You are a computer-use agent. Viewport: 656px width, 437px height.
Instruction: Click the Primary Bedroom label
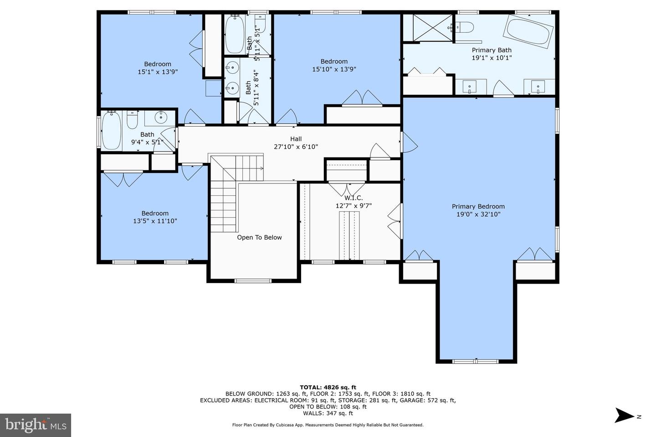[478, 206]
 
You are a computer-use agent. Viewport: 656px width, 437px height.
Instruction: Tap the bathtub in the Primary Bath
[528, 30]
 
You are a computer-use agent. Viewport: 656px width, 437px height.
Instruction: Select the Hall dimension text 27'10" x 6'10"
[296, 147]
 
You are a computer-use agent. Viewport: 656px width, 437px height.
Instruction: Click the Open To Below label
[259, 237]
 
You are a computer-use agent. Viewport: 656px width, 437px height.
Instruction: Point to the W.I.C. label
[354, 198]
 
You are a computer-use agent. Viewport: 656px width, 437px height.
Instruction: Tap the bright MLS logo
[35, 425]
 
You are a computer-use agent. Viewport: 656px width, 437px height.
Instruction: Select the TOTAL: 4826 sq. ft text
[328, 387]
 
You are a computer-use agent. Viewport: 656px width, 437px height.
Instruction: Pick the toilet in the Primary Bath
[463, 26]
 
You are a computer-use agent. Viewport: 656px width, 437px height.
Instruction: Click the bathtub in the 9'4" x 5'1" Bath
[111, 131]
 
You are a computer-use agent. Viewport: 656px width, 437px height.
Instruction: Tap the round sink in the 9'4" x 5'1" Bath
[161, 118]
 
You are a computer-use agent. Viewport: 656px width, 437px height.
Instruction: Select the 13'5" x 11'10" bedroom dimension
[155, 221]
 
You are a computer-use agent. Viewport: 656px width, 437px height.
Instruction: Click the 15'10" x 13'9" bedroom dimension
[334, 69]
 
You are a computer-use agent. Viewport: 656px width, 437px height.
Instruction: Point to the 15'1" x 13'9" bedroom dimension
[158, 71]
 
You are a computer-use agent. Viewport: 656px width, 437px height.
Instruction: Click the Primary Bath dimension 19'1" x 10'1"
[492, 58]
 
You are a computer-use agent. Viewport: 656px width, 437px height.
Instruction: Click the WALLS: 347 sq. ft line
[328, 413]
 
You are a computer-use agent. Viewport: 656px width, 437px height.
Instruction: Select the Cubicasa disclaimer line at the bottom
[328, 425]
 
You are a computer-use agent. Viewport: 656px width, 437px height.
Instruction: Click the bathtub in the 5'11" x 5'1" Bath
[235, 35]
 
